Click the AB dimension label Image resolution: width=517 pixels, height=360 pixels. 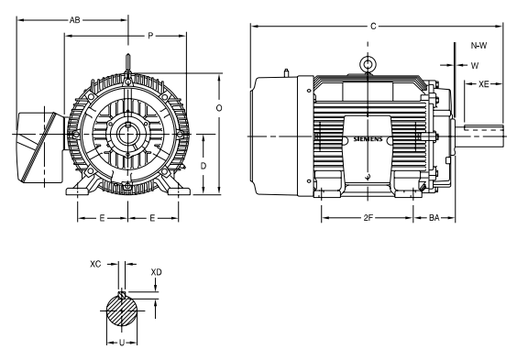coord(75,20)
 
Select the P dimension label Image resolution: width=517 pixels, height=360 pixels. coord(150,36)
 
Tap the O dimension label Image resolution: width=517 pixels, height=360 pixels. coord(219,108)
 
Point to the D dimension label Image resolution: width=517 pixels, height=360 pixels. coord(203,166)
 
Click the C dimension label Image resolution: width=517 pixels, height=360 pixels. coord(373,26)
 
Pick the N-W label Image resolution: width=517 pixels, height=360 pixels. coord(478,46)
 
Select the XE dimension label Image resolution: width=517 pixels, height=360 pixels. coord(484,84)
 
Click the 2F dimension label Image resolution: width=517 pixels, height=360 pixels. coord(368,218)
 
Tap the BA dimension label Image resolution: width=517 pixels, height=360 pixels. coord(434,218)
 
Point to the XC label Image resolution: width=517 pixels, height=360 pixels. coord(95,264)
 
